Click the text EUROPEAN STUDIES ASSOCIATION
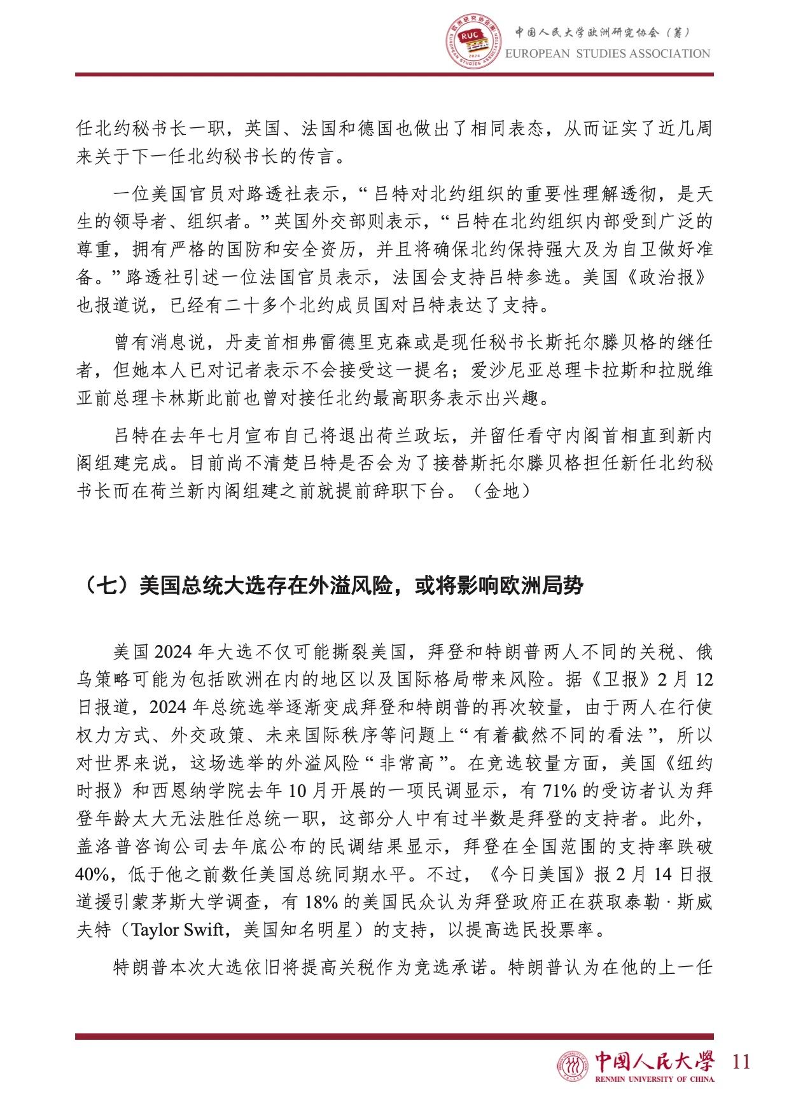click(x=607, y=53)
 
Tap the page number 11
click(x=741, y=1062)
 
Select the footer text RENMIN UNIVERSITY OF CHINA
click(x=654, y=1079)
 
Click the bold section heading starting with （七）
click(x=330, y=585)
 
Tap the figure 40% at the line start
click(x=93, y=875)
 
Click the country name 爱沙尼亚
click(x=507, y=370)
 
